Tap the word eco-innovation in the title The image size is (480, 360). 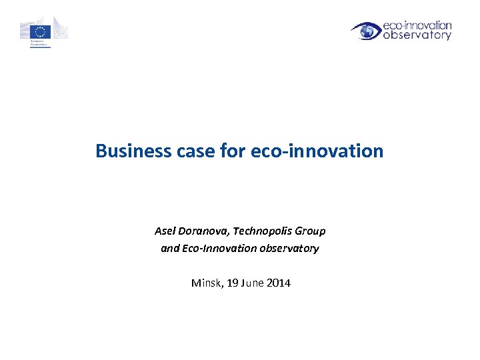click(317, 151)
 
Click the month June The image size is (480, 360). click(253, 283)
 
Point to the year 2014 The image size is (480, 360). click(279, 283)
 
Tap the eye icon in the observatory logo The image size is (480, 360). click(365, 31)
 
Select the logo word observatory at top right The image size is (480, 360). click(418, 35)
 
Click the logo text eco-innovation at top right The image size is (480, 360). click(418, 25)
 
